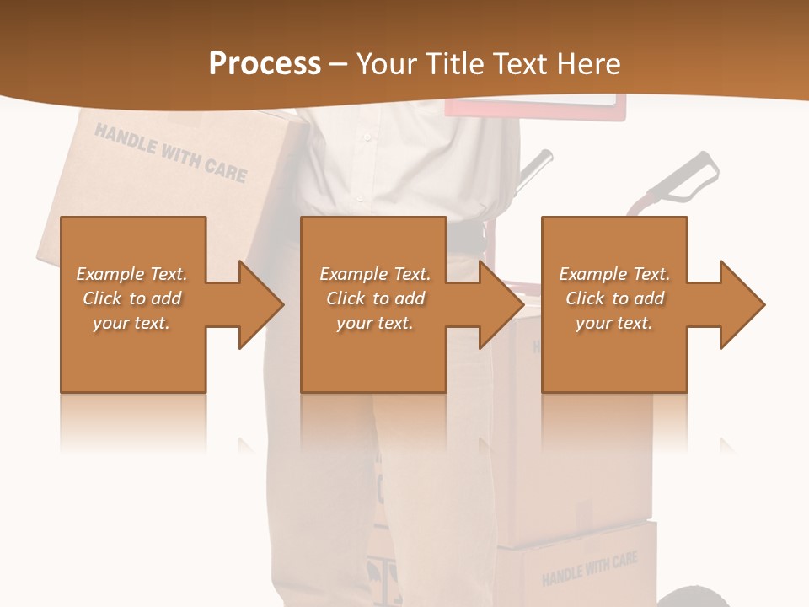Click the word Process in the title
265,64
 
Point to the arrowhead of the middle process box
500,304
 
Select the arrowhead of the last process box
741,304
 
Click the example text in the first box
131,298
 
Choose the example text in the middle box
374,298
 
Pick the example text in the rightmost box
614,298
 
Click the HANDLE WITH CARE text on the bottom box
589,569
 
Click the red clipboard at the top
536,106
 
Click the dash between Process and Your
338,64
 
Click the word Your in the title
383,64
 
